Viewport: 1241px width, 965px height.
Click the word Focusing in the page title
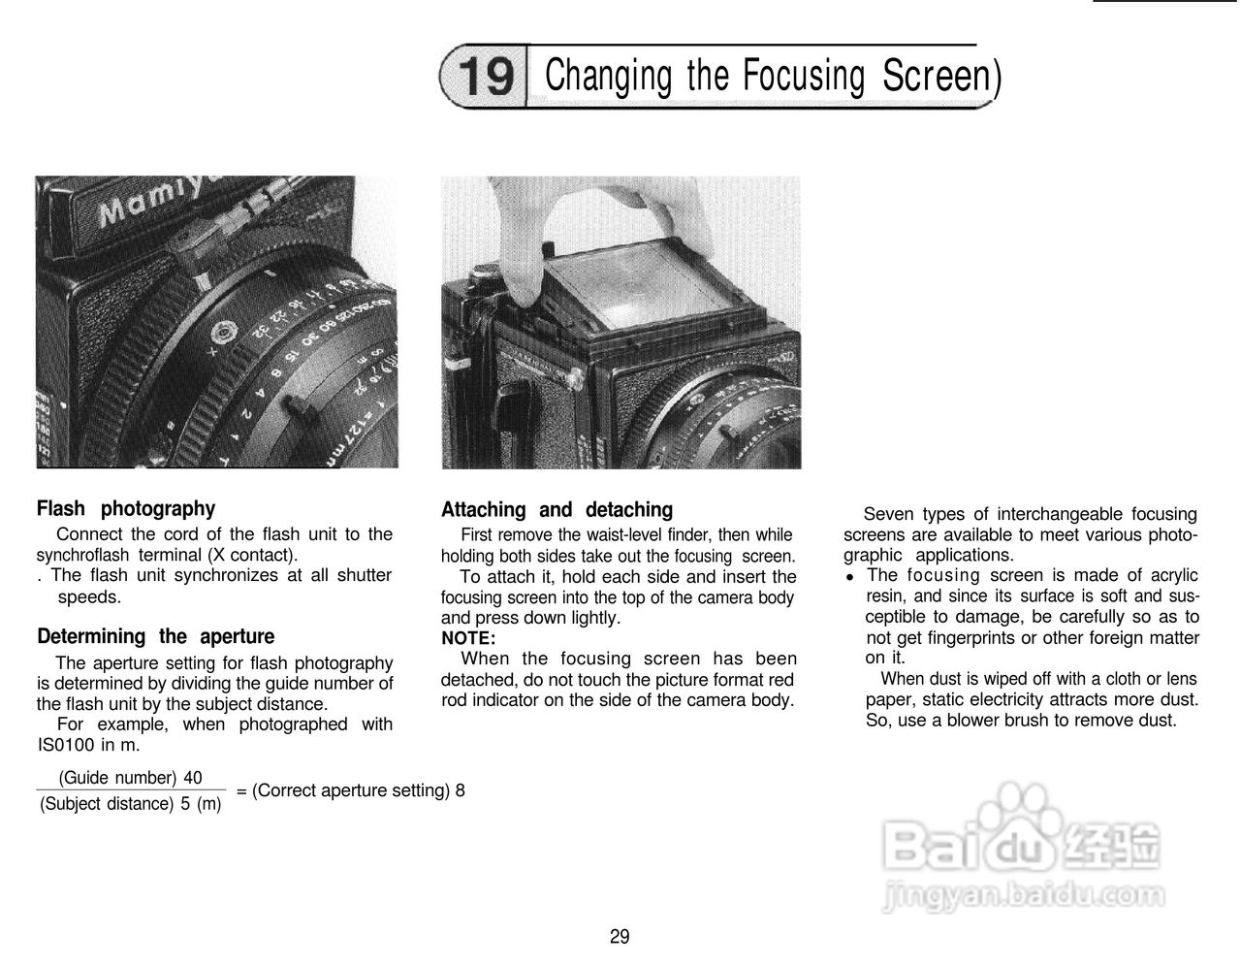pyautogui.click(x=803, y=76)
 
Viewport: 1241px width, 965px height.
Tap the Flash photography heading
pyautogui.click(x=126, y=508)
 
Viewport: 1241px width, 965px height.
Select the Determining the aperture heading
pyautogui.click(x=155, y=636)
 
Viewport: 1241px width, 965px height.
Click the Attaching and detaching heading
pyautogui.click(x=557, y=509)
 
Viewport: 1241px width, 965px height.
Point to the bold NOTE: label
pyautogui.click(x=468, y=638)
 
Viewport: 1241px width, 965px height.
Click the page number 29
pyautogui.click(x=620, y=937)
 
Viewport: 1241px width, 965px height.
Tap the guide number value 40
pyautogui.click(x=193, y=778)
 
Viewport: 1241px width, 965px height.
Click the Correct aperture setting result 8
pyautogui.click(x=460, y=790)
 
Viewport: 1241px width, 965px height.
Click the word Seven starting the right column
pyautogui.click(x=887, y=514)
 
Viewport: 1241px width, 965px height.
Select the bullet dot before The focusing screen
pyautogui.click(x=849, y=576)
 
